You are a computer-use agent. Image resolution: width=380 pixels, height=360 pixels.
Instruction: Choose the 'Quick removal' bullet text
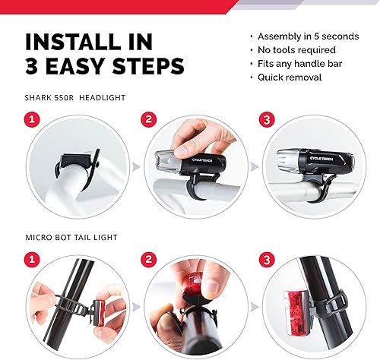coord(290,77)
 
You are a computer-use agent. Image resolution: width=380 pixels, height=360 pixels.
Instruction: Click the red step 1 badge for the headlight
coord(32,119)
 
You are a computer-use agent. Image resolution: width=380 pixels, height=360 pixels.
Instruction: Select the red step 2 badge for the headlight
coord(149,119)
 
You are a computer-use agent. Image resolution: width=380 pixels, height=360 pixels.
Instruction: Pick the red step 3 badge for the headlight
coord(267,119)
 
